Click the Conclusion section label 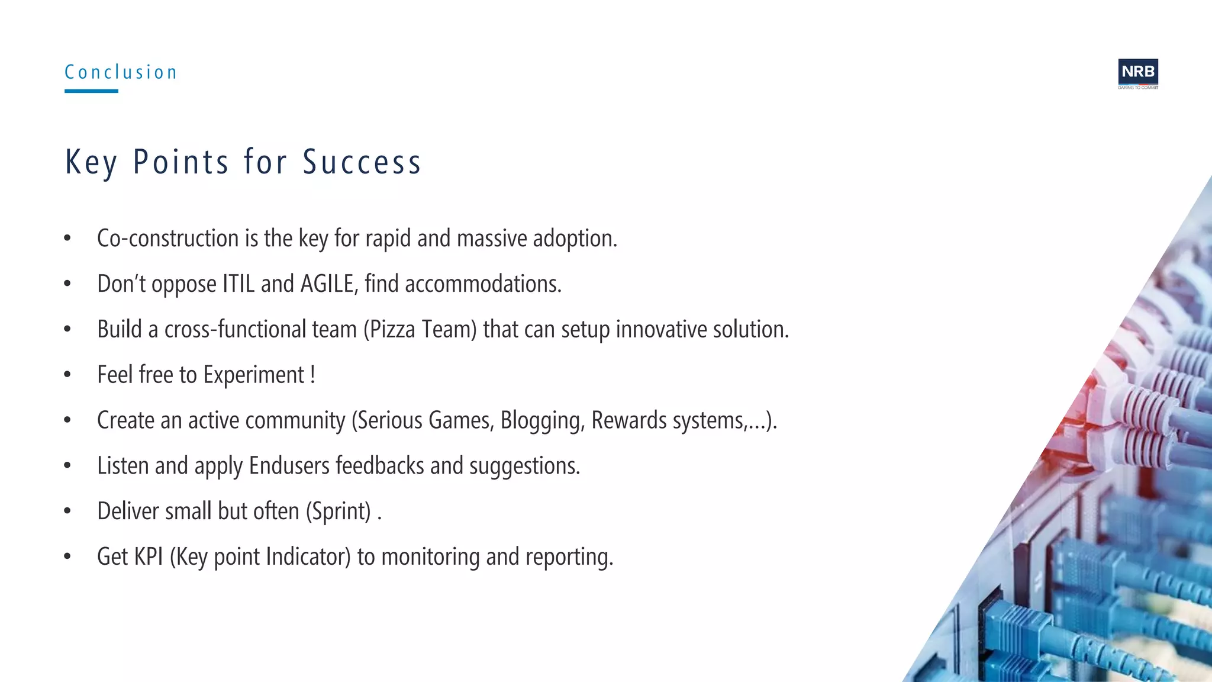tap(121, 72)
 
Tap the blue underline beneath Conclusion tap(91, 91)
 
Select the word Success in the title tap(362, 162)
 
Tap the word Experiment tap(254, 375)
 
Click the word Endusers tap(289, 467)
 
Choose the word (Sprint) tap(339, 511)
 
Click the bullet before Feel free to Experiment tap(67, 375)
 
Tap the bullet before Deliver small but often tap(67, 511)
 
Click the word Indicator tap(308, 557)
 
